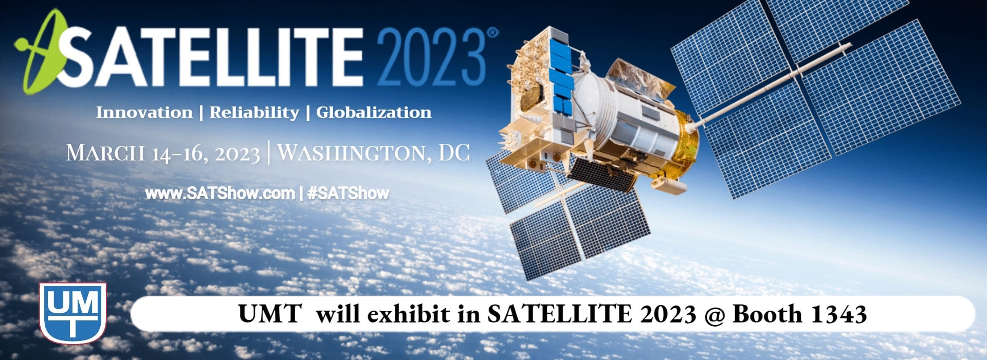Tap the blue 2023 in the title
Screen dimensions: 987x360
click(x=432, y=57)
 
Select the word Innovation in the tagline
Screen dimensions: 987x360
click(x=144, y=112)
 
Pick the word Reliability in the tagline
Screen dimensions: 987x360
click(x=254, y=113)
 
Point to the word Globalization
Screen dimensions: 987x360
click(x=374, y=112)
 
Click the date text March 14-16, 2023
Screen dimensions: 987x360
click(x=163, y=153)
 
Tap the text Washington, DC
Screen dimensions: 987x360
click(x=374, y=152)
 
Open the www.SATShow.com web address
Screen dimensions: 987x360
click(x=220, y=193)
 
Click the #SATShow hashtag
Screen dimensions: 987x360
click(x=348, y=193)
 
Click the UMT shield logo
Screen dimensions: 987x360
click(x=73, y=313)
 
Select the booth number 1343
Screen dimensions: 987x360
click(x=838, y=314)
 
